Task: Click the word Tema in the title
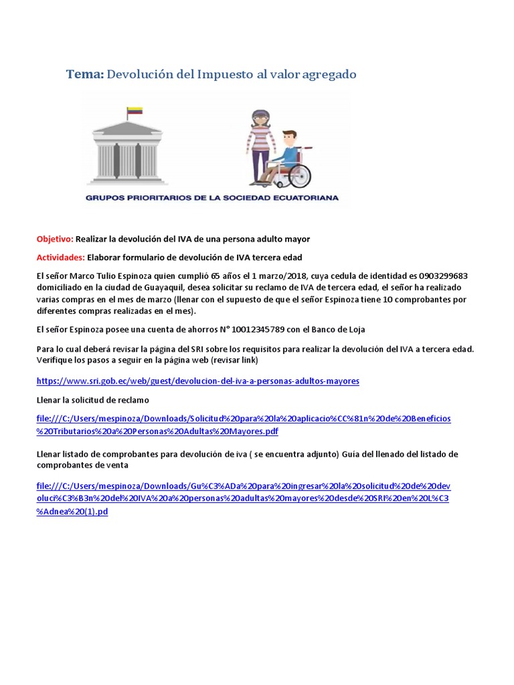[84, 74]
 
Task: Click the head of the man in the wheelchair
[290, 137]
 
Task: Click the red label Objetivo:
[54, 239]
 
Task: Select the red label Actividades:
[60, 257]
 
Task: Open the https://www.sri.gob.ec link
[197, 381]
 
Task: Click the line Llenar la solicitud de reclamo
[92, 399]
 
